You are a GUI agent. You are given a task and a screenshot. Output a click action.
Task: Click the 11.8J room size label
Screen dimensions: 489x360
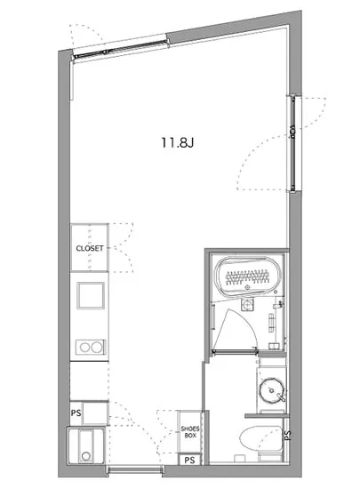(x=176, y=141)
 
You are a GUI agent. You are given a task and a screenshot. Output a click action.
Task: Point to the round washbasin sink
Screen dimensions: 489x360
(x=271, y=389)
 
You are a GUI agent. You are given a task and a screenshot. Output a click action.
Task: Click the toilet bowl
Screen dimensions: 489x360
(x=258, y=442)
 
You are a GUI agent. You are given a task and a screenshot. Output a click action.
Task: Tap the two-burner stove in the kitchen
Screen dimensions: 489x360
(x=89, y=346)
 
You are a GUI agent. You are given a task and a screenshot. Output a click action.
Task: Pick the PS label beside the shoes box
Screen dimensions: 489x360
(x=189, y=461)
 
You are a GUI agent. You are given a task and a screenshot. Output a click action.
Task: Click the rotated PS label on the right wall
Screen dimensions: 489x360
(x=288, y=436)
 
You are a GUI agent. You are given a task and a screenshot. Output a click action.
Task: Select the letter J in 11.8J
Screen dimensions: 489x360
(x=189, y=141)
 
